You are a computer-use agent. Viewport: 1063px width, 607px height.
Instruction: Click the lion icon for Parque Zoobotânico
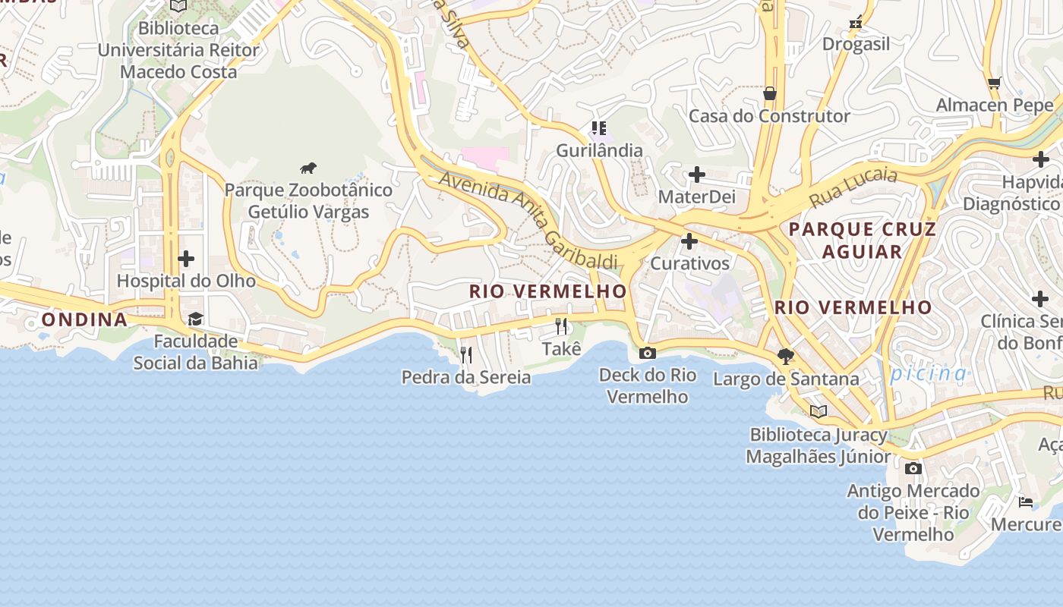coord(308,168)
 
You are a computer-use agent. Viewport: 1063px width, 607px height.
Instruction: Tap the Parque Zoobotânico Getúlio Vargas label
coord(308,201)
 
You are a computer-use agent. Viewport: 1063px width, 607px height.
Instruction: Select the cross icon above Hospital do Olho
coord(186,259)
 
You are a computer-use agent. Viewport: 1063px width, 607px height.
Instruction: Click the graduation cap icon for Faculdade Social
coord(195,319)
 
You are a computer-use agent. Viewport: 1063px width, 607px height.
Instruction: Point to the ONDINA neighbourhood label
coord(84,319)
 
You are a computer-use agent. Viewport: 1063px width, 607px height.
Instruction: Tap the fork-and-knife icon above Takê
coord(561,326)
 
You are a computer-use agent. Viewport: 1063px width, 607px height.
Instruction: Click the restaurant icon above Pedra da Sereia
coord(466,354)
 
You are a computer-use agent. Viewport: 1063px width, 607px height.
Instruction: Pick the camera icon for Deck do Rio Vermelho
coord(648,353)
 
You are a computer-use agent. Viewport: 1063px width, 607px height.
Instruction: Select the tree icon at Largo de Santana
coord(786,356)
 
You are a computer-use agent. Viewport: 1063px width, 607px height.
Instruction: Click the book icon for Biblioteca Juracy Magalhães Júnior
coord(818,412)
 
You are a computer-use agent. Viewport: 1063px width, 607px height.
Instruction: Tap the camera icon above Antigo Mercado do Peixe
coord(913,468)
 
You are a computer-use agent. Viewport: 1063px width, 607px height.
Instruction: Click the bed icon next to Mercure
coord(1025,502)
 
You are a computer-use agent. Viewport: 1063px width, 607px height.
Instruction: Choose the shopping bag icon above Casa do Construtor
coord(769,93)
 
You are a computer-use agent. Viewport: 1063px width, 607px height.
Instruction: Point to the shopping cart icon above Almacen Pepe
coord(995,83)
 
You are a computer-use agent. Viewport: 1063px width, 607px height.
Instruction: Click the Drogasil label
coord(856,44)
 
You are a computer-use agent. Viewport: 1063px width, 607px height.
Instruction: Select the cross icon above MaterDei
coord(696,175)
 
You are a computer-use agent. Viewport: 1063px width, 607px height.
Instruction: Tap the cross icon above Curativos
coord(689,242)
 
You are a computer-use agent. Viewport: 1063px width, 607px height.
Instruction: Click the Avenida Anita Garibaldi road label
coord(528,220)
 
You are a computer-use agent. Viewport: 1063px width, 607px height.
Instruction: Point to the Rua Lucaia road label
coord(853,189)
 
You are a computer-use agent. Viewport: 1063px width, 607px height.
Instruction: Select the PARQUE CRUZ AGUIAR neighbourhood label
coord(863,240)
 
